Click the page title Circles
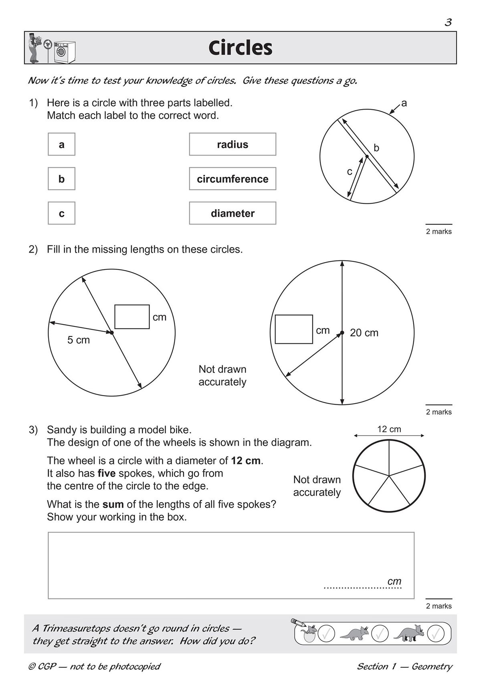(240, 48)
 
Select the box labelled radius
(232, 144)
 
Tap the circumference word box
(232, 179)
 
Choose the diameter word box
(232, 213)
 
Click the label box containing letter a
(61, 144)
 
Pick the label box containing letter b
(61, 179)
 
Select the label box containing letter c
(61, 213)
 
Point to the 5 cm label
(78, 340)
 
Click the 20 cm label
(364, 333)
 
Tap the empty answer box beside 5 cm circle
(132, 317)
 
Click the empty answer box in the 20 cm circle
(294, 329)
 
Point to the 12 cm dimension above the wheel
(389, 429)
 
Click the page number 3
(448, 22)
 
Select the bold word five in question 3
(107, 473)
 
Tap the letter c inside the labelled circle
(350, 172)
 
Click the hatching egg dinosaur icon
(308, 633)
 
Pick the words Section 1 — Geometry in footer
(404, 667)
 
